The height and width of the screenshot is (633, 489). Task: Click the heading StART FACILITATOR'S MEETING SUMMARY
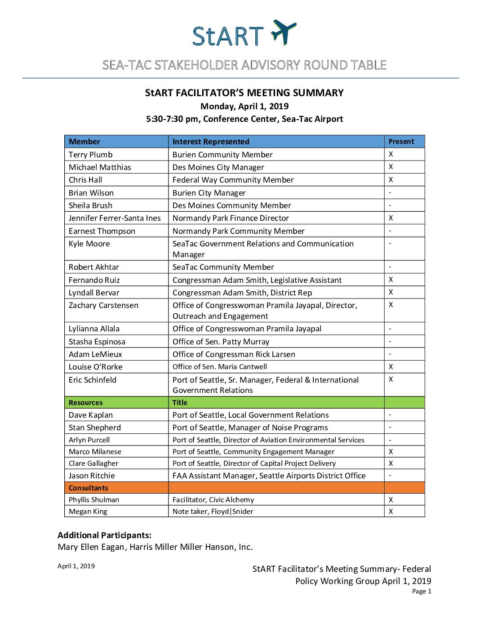[244, 93]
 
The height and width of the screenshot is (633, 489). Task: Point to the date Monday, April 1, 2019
[244, 107]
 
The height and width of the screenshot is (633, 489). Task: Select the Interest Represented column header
[211, 142]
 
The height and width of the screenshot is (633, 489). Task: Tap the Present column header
[401, 142]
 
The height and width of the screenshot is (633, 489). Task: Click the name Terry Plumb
[91, 155]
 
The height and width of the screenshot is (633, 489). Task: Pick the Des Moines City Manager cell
[218, 167]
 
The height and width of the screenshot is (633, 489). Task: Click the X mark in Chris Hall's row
[391, 180]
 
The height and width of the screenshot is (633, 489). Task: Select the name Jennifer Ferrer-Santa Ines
[115, 218]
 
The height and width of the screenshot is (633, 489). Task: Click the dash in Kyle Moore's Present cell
[390, 244]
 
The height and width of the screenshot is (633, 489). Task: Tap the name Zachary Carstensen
[103, 305]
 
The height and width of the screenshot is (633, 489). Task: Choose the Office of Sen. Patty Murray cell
[221, 342]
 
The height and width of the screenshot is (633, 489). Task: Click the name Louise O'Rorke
[96, 367]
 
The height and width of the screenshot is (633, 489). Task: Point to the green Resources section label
[85, 403]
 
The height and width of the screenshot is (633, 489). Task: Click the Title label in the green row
[180, 403]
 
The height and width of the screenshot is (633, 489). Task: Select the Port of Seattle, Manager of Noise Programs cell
[250, 428]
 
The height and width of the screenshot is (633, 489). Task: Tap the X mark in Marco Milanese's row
[391, 452]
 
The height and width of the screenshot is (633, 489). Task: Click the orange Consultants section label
[89, 488]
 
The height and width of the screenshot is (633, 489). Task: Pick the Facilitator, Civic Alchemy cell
[213, 500]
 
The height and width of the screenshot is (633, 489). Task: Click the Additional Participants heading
[104, 535]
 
